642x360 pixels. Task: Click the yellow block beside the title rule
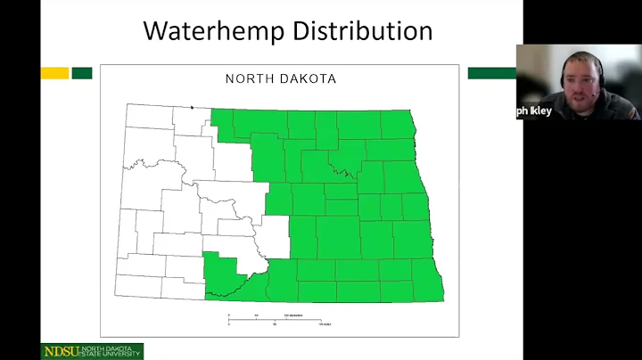point(54,73)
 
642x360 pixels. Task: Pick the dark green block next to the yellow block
point(82,73)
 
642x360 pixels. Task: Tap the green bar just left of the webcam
point(491,73)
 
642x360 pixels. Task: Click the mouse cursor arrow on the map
point(192,107)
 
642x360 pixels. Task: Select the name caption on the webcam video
point(535,111)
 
